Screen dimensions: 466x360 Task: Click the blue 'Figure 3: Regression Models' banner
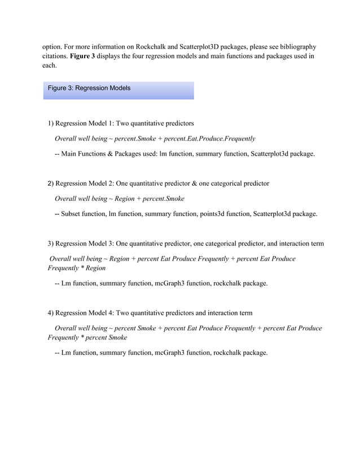point(118,89)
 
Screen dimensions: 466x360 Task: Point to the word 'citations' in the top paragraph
point(55,56)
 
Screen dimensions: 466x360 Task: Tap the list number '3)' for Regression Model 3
point(51,244)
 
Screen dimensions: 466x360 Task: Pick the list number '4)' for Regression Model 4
point(51,313)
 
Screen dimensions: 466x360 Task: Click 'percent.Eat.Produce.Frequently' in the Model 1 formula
point(207,138)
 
